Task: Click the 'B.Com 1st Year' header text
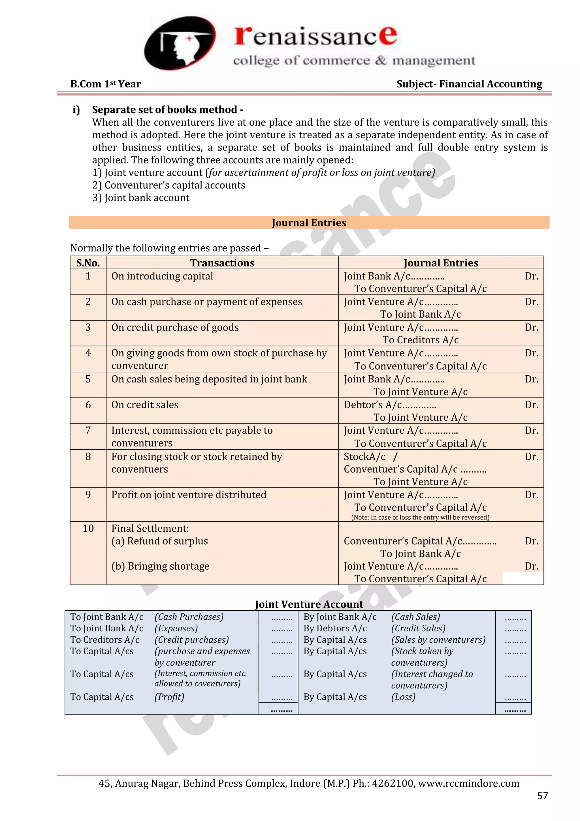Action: pos(105,84)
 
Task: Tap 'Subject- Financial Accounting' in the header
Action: pos(469,84)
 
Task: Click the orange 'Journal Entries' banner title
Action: pos(309,223)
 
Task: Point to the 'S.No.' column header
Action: pos(88,263)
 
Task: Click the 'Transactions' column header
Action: pos(222,263)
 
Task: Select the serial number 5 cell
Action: pos(88,379)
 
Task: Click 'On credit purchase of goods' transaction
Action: pos(175,327)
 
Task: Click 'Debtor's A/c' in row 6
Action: pos(372,405)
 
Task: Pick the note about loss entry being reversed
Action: pos(420,517)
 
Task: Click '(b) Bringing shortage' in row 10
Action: pos(160,566)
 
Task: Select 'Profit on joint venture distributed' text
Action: pos(189,495)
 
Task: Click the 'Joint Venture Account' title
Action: pos(309,604)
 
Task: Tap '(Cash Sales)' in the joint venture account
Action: pos(415,617)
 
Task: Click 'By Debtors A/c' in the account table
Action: pos(335,628)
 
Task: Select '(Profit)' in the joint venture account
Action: pos(169,697)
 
